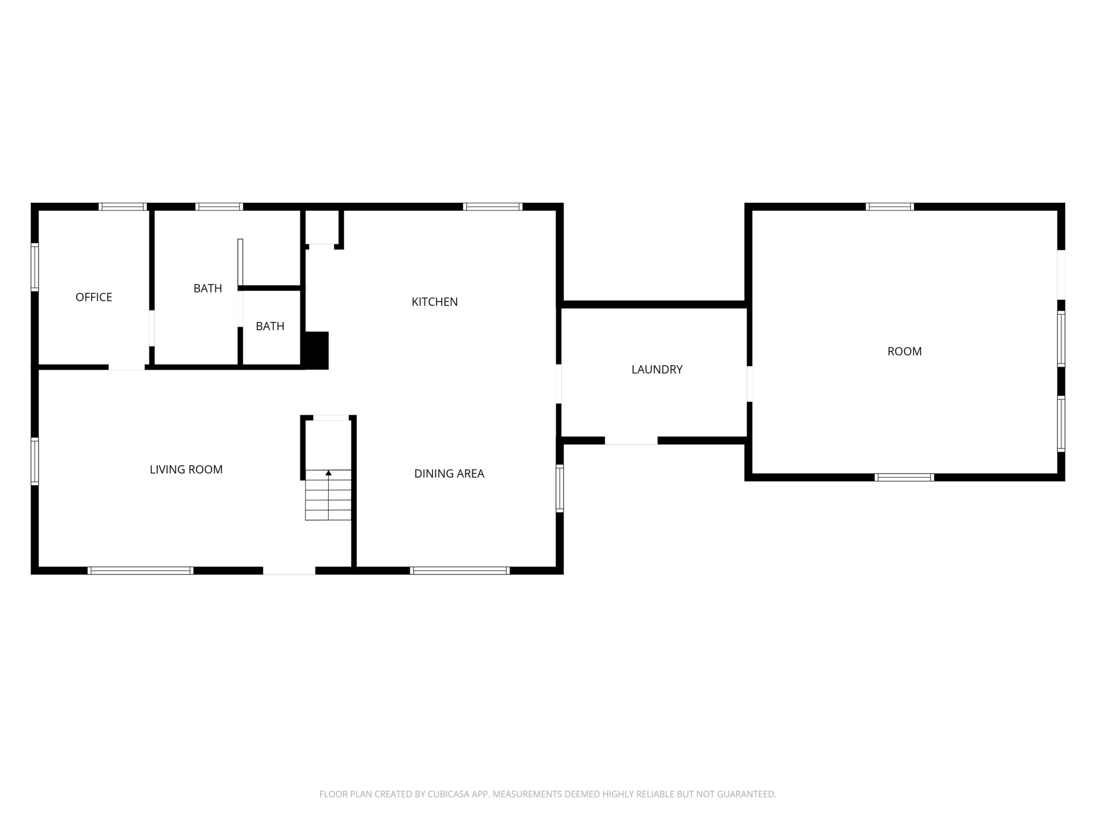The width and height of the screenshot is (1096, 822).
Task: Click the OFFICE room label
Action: tap(94, 297)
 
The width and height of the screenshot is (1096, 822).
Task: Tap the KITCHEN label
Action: tap(435, 302)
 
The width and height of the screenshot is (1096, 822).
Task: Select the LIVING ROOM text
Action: tap(186, 469)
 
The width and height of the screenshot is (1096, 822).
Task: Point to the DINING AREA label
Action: tap(449, 474)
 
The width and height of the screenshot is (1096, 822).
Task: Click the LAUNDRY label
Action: tap(657, 369)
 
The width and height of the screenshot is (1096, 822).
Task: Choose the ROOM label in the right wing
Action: tap(904, 351)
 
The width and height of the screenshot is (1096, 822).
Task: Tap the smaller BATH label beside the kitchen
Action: tap(270, 326)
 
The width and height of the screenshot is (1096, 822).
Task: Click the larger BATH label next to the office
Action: tap(208, 288)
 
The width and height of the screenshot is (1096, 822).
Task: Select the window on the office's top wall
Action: tap(123, 207)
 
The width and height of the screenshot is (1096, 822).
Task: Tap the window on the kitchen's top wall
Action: tap(493, 207)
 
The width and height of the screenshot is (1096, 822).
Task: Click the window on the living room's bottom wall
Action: tap(141, 570)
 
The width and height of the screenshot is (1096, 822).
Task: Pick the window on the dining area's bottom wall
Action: tap(460, 570)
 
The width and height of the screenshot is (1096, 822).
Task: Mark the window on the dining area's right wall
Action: tap(559, 488)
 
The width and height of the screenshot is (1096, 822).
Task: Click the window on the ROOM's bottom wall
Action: tap(904, 477)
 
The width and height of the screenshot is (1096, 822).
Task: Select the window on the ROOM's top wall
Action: tap(890, 207)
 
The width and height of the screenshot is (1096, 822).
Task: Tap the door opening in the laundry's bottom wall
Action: tap(631, 440)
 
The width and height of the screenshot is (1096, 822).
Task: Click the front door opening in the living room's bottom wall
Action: tap(289, 570)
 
